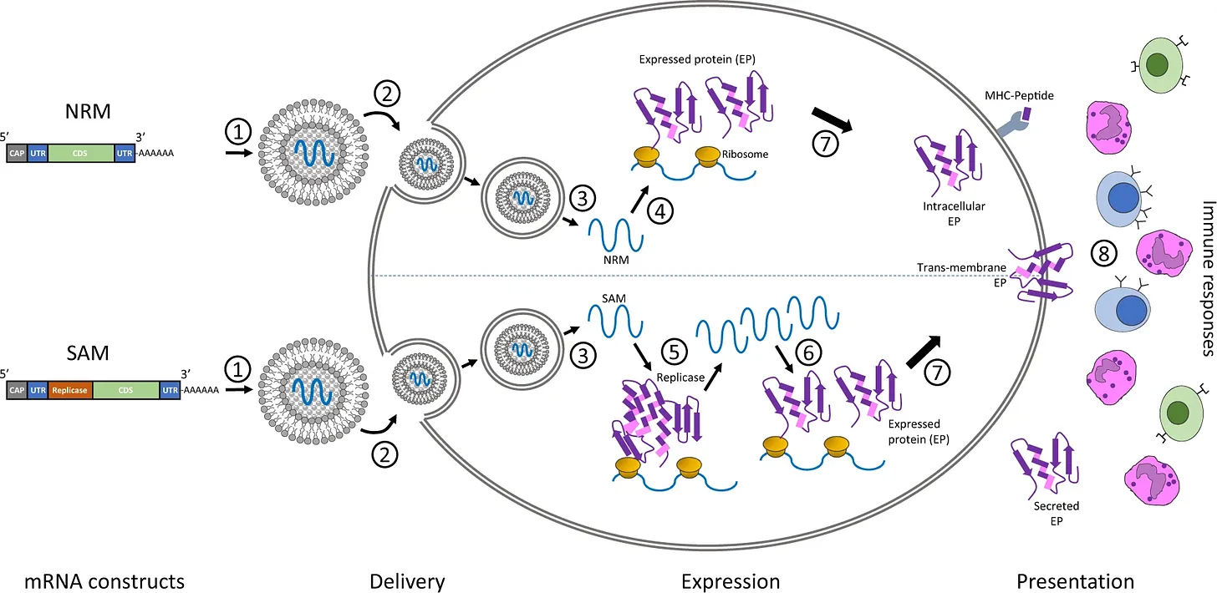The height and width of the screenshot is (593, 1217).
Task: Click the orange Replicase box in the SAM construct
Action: [x=70, y=390]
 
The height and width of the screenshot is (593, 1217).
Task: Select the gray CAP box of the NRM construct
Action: [x=17, y=153]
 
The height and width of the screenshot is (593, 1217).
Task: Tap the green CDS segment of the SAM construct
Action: [x=126, y=390]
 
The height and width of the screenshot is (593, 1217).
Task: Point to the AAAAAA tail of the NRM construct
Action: [x=156, y=153]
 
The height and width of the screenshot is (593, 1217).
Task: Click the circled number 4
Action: [x=660, y=212]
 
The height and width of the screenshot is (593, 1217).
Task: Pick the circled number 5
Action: [x=675, y=352]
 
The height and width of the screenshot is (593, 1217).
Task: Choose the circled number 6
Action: [x=808, y=353]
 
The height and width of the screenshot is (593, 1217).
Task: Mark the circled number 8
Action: [x=1103, y=254]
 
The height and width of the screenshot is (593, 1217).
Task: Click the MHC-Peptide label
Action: [x=1019, y=95]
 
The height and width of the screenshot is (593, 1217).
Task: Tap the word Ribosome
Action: [x=745, y=155]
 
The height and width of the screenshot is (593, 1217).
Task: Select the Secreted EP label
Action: [x=1057, y=513]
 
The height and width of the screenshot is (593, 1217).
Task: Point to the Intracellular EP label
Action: [x=954, y=214]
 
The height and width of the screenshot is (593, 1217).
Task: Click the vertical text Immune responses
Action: [x=1207, y=279]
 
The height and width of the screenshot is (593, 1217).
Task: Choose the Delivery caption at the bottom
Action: [x=407, y=581]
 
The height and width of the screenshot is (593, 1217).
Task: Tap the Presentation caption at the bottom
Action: [x=1075, y=581]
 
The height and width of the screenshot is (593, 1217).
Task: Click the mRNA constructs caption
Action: [x=104, y=581]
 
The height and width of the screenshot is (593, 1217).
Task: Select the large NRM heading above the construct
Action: [x=88, y=111]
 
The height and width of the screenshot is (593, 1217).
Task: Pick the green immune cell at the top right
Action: [x=1160, y=65]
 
